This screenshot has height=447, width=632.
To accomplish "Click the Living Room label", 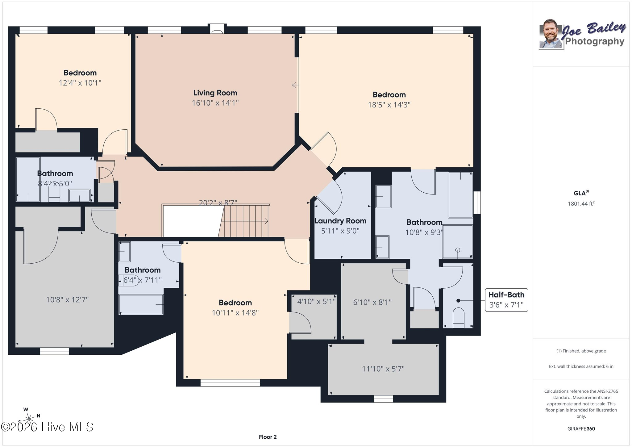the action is coord(215,93).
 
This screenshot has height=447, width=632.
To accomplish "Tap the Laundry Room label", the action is coord(340,221).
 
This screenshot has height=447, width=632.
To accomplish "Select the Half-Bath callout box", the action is coord(506,300).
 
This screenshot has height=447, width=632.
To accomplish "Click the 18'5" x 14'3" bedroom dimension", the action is coord(389,105).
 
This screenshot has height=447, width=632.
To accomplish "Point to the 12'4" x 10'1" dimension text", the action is coord(80,83).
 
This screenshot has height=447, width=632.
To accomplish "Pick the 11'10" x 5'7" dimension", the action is coord(383,369).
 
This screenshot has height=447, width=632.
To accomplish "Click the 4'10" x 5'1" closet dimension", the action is coord(316,301).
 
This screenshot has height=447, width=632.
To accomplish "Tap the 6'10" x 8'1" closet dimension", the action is coord(372,302).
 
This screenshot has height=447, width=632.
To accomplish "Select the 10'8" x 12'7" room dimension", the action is coord(67,300).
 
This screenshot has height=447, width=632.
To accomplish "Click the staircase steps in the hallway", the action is coord(244,221).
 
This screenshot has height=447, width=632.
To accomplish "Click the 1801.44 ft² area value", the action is coord(581,204).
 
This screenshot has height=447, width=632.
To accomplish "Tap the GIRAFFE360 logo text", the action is coord(581,429).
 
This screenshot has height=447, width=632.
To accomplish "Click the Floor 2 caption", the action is coord(268,437).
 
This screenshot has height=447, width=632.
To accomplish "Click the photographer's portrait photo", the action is coord(551,34).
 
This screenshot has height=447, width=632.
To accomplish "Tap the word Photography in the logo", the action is coord(595,41).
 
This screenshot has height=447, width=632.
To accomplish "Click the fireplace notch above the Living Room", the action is coord(217,29).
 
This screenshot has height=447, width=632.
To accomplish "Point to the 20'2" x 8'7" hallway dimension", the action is coord(218,203).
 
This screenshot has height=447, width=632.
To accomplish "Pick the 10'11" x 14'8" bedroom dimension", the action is coord(235,313).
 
